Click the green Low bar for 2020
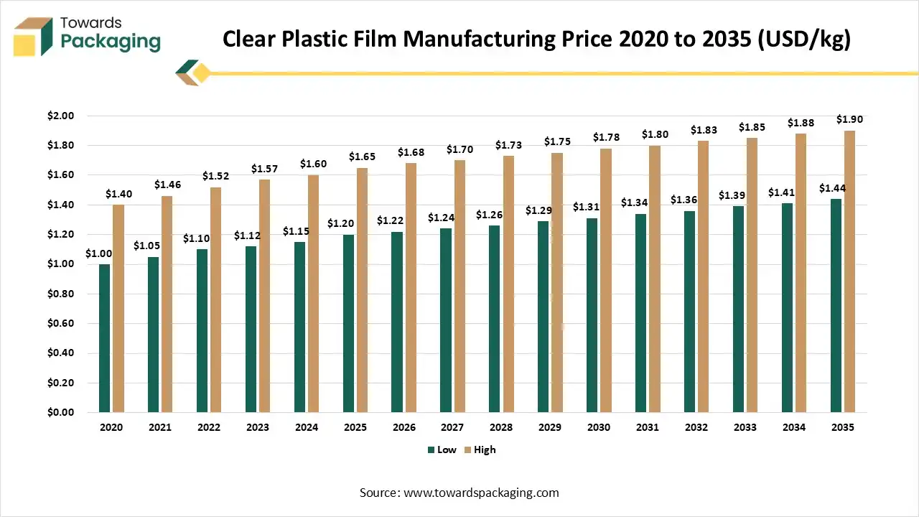point(105,338)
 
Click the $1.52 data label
point(215,176)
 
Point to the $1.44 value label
point(833,188)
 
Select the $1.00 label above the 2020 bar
point(98,253)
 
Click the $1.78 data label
point(606,137)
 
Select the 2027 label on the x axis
point(452,427)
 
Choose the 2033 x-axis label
point(745,427)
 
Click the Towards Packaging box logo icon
point(33,36)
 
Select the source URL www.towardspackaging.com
point(481,493)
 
